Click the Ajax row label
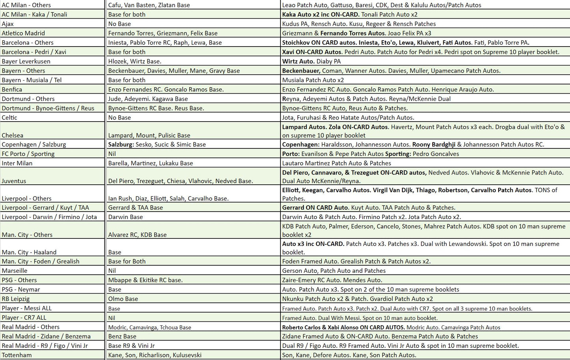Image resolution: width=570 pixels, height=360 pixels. (x=8, y=24)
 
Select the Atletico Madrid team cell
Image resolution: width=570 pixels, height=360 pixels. (x=23, y=33)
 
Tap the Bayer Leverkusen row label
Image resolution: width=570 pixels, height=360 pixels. (x=26, y=61)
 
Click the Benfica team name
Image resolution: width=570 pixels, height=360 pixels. (x=12, y=89)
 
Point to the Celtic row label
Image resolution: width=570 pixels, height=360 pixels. (x=9, y=117)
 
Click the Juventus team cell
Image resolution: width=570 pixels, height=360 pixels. (x=14, y=181)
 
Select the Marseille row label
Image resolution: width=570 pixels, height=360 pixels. (x=15, y=270)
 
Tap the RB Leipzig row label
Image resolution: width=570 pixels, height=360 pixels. (x=16, y=299)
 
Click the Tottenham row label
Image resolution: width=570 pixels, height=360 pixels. (x=17, y=355)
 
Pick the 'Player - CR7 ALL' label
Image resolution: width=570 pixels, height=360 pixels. (x=24, y=317)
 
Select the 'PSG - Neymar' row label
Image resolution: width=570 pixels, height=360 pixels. (x=21, y=289)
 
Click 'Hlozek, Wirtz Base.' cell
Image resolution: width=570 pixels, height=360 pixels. (x=135, y=61)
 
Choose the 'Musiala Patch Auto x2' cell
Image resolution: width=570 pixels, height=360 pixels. (x=313, y=80)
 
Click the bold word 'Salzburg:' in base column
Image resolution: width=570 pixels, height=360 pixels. (x=121, y=144)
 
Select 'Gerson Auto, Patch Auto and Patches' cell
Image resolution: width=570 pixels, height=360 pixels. (x=334, y=270)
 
